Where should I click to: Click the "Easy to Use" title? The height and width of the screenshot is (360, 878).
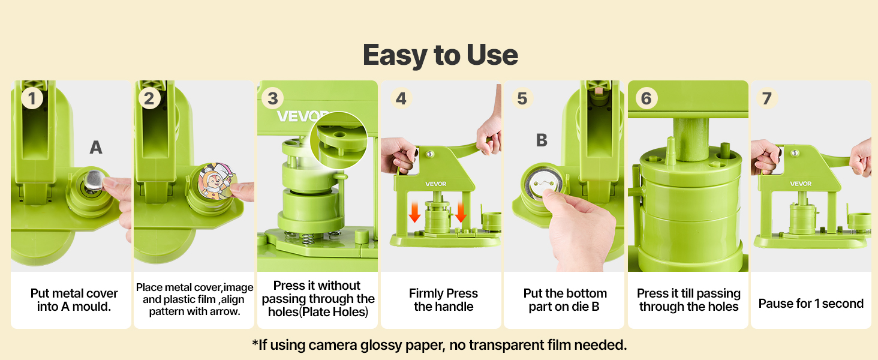(x=440, y=55)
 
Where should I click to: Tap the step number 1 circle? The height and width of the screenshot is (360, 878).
(x=32, y=98)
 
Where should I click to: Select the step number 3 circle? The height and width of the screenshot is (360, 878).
(x=273, y=98)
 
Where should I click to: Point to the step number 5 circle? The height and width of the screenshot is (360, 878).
(x=522, y=98)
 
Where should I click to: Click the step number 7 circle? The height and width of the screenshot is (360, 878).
(x=767, y=98)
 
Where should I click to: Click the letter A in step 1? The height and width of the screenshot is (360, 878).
(x=96, y=148)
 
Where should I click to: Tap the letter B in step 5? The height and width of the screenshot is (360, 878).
(x=542, y=140)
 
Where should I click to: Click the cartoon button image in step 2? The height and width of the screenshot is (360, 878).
(x=217, y=181)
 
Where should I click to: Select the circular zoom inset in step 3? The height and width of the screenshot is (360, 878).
(x=339, y=140)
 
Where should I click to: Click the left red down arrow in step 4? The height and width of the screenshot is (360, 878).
(x=414, y=212)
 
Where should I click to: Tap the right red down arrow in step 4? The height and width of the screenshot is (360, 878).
(x=461, y=212)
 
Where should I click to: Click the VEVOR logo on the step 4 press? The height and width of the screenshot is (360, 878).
(x=436, y=184)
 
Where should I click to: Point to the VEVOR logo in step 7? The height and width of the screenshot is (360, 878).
(x=801, y=184)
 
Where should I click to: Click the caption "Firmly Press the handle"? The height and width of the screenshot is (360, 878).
(x=443, y=300)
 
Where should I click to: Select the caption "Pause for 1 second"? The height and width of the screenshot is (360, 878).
(x=811, y=304)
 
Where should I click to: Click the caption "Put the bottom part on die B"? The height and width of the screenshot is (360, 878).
(x=565, y=300)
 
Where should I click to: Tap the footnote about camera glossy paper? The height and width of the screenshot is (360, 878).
(x=440, y=345)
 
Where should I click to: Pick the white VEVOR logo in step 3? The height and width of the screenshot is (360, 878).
(x=300, y=116)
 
